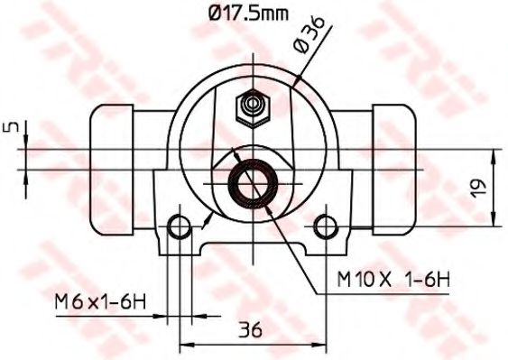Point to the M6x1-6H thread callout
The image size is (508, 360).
(x=101, y=300)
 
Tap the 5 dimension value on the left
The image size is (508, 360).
(x=10, y=128)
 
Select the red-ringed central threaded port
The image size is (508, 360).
(x=252, y=181)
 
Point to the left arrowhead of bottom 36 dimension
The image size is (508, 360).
(x=185, y=345)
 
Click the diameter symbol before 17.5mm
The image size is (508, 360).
(x=215, y=14)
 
